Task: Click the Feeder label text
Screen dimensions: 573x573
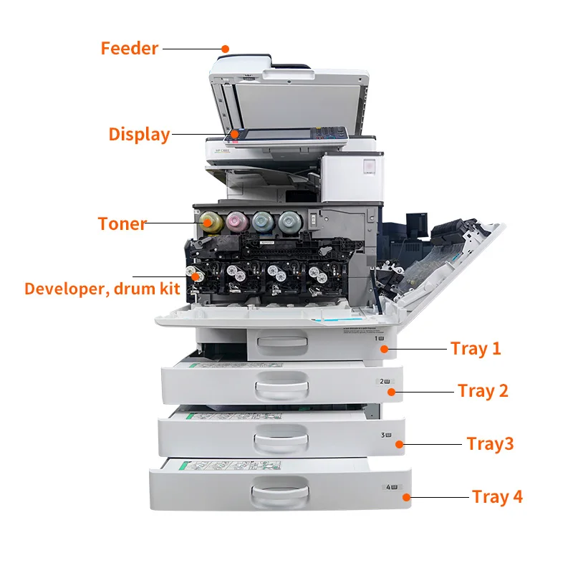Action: point(129,49)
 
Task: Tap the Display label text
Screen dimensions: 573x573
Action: point(139,134)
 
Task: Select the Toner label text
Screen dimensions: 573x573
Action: point(122,223)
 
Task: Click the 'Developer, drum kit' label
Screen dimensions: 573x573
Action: point(102,289)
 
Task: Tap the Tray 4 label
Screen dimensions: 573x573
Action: point(497,496)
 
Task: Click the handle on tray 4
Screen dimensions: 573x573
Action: point(280,493)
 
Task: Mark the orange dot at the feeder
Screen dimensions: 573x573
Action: point(224,49)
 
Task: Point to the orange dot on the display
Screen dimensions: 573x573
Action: point(234,133)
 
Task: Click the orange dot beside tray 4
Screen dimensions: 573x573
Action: point(406,496)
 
